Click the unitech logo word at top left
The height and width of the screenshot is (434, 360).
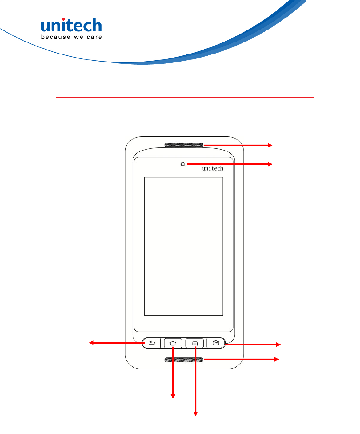[x=71, y=26]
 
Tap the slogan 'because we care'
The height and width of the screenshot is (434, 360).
[x=71, y=37]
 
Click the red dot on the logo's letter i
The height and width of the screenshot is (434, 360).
[x=63, y=19]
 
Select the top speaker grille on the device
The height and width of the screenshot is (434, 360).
[x=184, y=145]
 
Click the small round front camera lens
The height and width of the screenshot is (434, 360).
[x=183, y=164]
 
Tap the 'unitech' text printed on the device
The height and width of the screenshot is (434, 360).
[x=213, y=168]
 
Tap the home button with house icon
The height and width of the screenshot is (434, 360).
[x=173, y=343]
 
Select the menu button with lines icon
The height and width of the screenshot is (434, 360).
[x=195, y=343]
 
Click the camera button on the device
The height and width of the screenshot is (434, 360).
[x=216, y=343]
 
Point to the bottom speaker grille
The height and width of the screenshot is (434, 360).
[x=184, y=360]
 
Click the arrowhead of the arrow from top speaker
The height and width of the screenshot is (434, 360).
[x=270, y=145]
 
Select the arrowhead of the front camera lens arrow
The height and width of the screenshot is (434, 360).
[x=270, y=164]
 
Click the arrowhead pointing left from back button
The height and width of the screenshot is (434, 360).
[x=91, y=343]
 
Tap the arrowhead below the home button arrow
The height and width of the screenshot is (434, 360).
[x=173, y=396]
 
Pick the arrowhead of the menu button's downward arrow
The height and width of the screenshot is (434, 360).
[x=195, y=414]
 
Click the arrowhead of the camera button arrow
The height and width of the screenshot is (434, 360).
[x=278, y=345]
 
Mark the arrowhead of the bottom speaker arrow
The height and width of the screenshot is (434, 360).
[x=277, y=359]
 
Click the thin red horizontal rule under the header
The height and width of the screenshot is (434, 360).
[x=185, y=97]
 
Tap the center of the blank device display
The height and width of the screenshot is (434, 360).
[x=184, y=246]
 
